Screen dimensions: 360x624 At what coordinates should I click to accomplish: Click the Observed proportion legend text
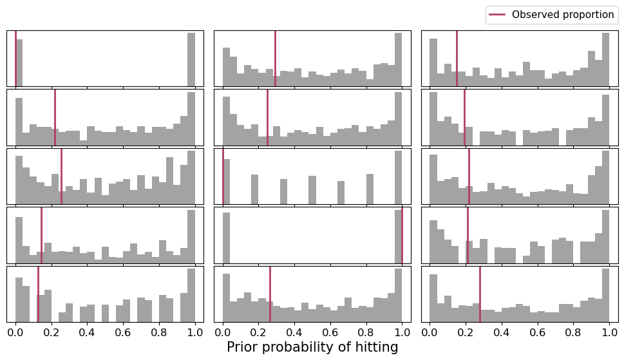coord(563,15)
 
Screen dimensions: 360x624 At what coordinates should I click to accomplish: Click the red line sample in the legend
coord(498,15)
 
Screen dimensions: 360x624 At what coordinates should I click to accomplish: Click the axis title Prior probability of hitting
coord(312,347)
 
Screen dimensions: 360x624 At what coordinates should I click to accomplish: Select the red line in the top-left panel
coord(16,58)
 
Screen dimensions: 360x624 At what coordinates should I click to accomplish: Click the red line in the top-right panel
coord(457,58)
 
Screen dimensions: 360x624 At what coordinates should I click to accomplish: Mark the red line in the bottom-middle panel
coord(270,294)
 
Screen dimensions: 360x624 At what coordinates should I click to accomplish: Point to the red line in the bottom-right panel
coord(480,294)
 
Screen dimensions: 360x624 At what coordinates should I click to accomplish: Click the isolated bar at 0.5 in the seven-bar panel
coord(312,190)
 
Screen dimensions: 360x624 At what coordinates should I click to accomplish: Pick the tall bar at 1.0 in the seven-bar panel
coord(398,178)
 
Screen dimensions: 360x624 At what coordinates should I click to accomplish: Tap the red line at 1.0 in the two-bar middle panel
coord(402,235)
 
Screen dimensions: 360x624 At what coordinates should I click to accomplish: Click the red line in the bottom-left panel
coord(38,294)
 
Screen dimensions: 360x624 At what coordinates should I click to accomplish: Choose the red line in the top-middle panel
coord(275,58)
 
